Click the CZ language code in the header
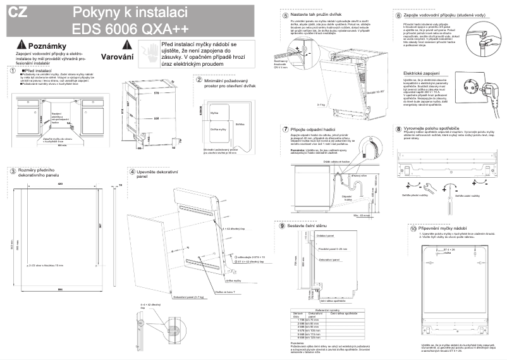pos(17,13)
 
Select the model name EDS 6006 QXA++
pos(130,29)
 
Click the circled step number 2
pos(199,80)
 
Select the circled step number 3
pos(12,171)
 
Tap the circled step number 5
pos(286,15)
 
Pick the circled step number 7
pos(285,128)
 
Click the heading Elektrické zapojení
pos(421,73)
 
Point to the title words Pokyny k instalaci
pos(129,12)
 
